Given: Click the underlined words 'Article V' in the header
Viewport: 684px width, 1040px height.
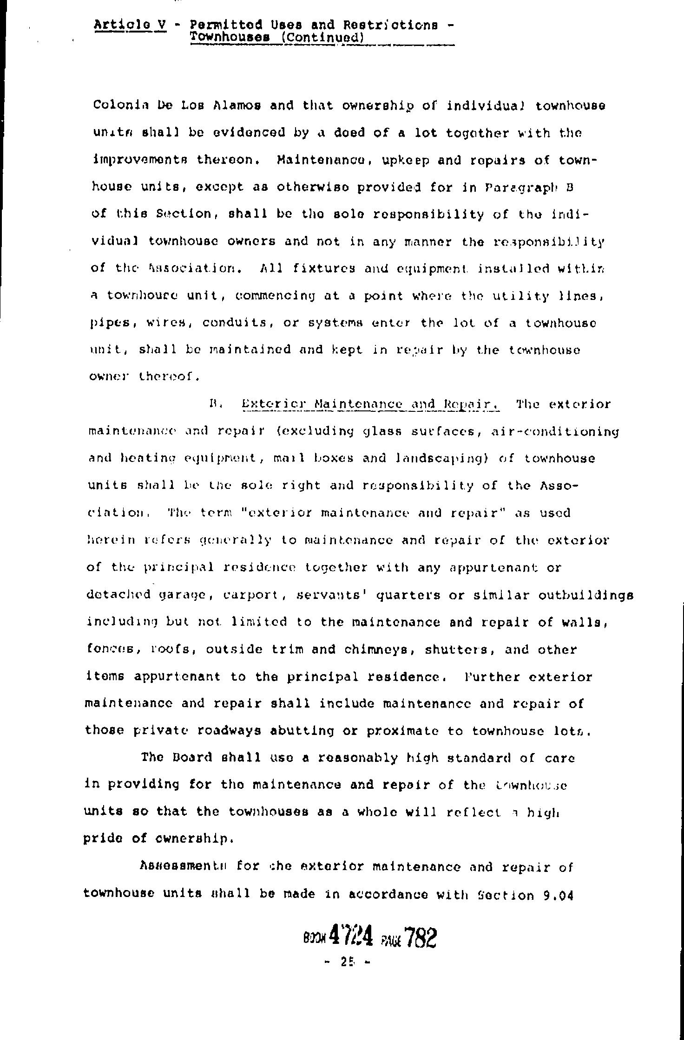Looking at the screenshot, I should click(x=130, y=25).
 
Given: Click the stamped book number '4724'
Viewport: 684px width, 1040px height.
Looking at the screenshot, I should click(x=351, y=938).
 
